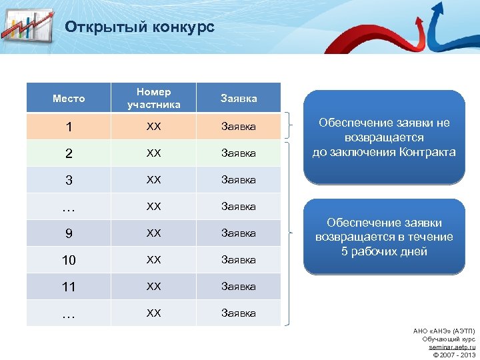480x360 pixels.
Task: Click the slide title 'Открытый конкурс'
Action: click(x=139, y=27)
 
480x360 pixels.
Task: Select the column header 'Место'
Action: click(x=69, y=99)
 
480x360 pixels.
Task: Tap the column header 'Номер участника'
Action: click(x=154, y=98)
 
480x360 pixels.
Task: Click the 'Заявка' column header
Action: click(x=239, y=99)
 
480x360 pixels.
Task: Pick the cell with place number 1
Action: click(x=69, y=127)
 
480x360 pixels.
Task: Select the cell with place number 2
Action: click(x=69, y=153)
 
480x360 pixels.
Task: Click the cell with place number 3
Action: click(x=69, y=180)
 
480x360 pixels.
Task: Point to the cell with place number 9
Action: click(x=69, y=233)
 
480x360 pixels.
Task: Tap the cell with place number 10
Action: click(x=69, y=260)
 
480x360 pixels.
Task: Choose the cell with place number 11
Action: click(x=69, y=287)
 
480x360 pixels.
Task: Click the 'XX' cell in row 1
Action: click(x=154, y=126)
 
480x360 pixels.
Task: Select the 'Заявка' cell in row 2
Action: click(x=239, y=153)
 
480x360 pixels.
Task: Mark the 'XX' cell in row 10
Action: click(x=154, y=259)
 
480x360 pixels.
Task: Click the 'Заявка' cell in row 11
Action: click(x=239, y=286)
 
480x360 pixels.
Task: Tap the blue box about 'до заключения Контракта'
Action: click(x=384, y=137)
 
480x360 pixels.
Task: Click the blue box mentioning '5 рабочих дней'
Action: click(x=384, y=237)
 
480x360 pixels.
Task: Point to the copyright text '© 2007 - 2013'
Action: click(x=453, y=355)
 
